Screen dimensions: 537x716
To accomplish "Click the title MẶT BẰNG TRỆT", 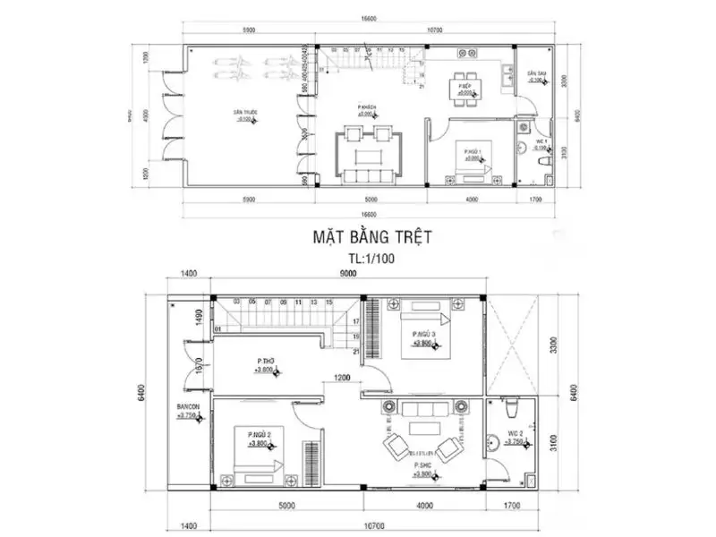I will (x=372, y=237).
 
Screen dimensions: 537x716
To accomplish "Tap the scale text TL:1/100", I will (x=371, y=258).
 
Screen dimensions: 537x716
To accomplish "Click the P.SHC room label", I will (x=423, y=466).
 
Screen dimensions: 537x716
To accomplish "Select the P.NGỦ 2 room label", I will (x=259, y=435).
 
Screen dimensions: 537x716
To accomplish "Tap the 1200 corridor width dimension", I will (x=344, y=378).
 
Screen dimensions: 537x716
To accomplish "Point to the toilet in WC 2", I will (x=511, y=408).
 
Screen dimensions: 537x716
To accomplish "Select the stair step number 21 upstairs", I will (x=358, y=350).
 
